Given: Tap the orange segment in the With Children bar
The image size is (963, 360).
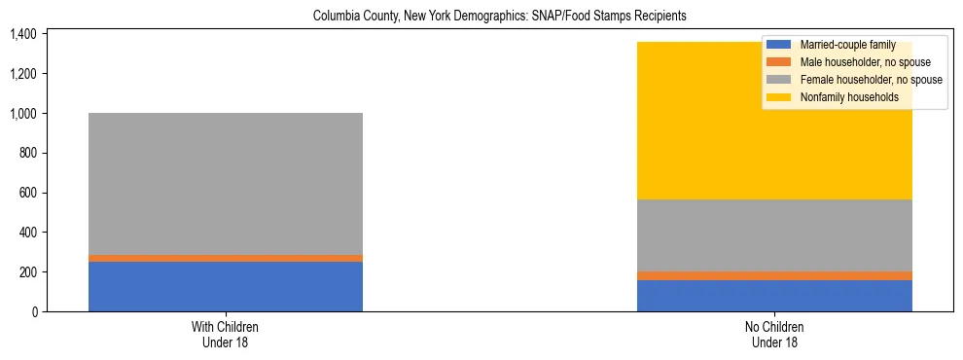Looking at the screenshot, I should (x=226, y=258).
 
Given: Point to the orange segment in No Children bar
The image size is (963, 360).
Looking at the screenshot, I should (x=774, y=275).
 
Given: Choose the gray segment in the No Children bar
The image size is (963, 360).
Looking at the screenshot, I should (x=774, y=235).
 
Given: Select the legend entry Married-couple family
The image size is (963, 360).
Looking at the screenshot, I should (x=845, y=45).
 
